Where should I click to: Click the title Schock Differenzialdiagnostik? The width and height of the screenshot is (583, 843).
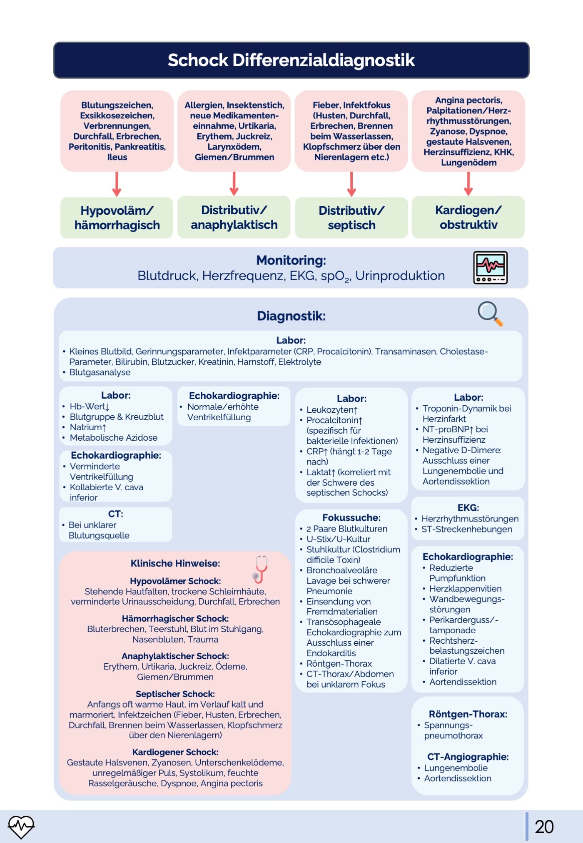point(291,60)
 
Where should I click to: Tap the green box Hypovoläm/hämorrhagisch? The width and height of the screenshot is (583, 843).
point(117,218)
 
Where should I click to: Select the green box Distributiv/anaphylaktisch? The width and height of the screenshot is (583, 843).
point(234,217)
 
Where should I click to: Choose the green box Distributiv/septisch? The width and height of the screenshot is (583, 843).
point(351,218)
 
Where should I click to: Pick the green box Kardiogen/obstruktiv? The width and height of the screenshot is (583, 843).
point(468,217)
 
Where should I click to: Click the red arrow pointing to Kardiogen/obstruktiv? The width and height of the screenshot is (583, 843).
point(468,183)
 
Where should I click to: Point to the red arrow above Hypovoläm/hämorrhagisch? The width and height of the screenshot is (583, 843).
point(117,183)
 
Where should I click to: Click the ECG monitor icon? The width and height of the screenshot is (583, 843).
point(490,268)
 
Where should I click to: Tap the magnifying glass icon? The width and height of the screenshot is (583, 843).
point(490,313)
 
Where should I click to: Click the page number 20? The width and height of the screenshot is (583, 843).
point(544,827)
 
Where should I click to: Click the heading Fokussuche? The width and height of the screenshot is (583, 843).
point(351,518)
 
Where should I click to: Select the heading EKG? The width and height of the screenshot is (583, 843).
point(468,508)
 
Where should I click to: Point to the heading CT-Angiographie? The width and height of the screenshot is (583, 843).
point(468,757)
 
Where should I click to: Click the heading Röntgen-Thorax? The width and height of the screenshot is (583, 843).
point(468,714)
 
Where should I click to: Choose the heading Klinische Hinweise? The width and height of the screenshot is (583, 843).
point(175,564)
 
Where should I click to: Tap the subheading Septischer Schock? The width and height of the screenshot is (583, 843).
point(175,694)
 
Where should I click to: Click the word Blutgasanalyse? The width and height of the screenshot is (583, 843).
point(100,372)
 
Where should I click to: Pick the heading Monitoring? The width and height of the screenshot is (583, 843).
point(291,260)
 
